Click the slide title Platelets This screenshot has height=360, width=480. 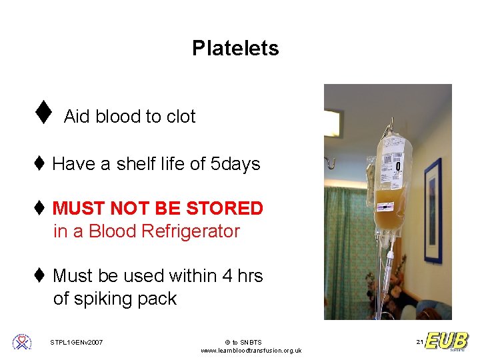click(235, 48)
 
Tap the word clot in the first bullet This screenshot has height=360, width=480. click(181, 117)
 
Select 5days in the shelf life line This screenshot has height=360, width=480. click(235, 164)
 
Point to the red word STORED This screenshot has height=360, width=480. click(225, 209)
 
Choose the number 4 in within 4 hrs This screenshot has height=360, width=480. click(228, 276)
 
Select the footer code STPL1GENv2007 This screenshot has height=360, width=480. click(77, 343)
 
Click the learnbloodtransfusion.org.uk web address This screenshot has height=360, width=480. click(251, 351)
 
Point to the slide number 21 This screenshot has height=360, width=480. click(419, 342)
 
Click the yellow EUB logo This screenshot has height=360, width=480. click(447, 341)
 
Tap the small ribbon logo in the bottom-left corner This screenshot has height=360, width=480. click(22, 342)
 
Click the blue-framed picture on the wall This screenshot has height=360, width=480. click(433, 210)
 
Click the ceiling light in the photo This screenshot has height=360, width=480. click(332, 124)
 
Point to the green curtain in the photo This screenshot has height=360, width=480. click(347, 247)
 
